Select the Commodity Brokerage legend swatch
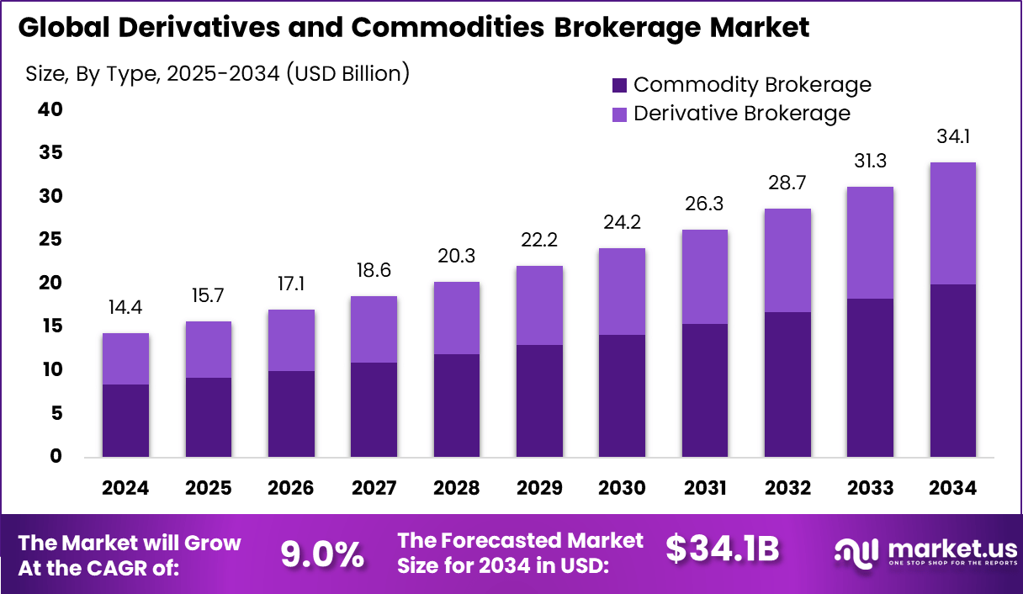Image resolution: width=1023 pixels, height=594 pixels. coord(619,85)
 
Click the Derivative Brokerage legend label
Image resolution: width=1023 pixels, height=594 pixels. coord(741,113)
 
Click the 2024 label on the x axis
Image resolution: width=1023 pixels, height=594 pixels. coord(125,488)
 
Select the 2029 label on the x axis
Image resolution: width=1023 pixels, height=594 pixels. coord(538,488)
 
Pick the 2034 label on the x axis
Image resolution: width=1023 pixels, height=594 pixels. coord(953,488)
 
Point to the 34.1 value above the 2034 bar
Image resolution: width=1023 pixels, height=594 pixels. coord(953,136)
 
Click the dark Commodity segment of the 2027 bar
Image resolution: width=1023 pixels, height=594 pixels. coord(374,410)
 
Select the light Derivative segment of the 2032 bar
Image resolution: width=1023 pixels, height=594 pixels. coord(787,260)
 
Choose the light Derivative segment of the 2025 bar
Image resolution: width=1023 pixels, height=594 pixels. coord(208,349)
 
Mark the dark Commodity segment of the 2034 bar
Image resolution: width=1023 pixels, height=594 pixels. coord(953,370)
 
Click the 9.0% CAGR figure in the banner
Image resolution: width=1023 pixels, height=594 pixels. coord(321,554)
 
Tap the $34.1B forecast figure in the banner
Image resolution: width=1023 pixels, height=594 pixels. coord(723,549)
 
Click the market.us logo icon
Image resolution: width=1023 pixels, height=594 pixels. coord(856,552)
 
